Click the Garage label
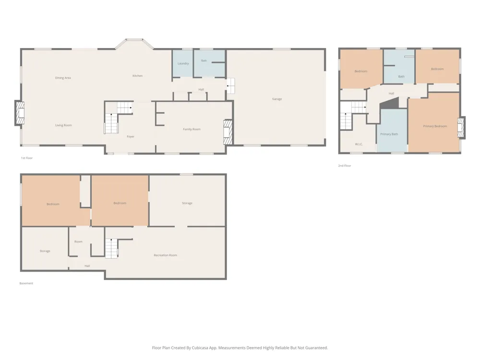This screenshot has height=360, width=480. pos(277,99)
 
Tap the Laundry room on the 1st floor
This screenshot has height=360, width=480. pos(182,63)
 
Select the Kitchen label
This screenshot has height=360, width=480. pos(137,76)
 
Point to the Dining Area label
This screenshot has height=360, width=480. pos(63,78)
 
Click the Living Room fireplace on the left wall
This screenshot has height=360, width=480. pos(20,113)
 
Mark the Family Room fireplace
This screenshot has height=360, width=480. pos(228,132)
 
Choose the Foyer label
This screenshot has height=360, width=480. pos(131,136)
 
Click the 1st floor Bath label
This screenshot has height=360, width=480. pos(204,60)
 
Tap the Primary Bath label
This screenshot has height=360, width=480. pos(389,134)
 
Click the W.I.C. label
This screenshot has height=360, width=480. pos(359,144)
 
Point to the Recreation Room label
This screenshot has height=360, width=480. pos(165,255)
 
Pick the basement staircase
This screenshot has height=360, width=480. pos(111,248)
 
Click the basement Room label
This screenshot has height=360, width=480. pos(78,241)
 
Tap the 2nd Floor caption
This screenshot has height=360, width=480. pos(344,166)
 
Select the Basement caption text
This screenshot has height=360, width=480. pos(26,283)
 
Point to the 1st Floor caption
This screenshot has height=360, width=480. pos(26,158)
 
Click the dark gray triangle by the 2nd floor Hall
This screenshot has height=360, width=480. pos(390,103)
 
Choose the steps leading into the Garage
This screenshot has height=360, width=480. pos(230,86)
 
